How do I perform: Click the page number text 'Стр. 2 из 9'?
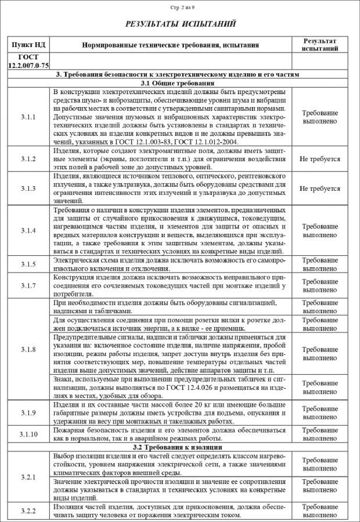tap(182, 8)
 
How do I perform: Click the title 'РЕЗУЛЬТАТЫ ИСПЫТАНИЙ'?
tap(181, 24)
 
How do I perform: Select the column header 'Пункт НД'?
tap(28, 45)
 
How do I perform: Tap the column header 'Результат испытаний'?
tap(320, 45)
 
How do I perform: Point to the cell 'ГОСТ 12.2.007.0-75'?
tap(28, 61)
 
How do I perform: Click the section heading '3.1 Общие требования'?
tap(177, 83)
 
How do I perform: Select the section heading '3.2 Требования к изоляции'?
tap(177, 447)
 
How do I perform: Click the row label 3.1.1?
tap(28, 117)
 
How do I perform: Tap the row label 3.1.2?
tap(28, 159)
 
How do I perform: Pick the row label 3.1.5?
tap(28, 264)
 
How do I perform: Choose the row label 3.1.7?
tap(28, 286)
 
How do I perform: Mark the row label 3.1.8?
tap(28, 349)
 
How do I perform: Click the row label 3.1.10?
tap(28, 434)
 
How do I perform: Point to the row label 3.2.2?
tap(28, 511)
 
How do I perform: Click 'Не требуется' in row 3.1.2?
tap(320, 159)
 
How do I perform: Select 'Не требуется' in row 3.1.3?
tap(320, 188)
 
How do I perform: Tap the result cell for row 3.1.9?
tap(320, 413)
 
